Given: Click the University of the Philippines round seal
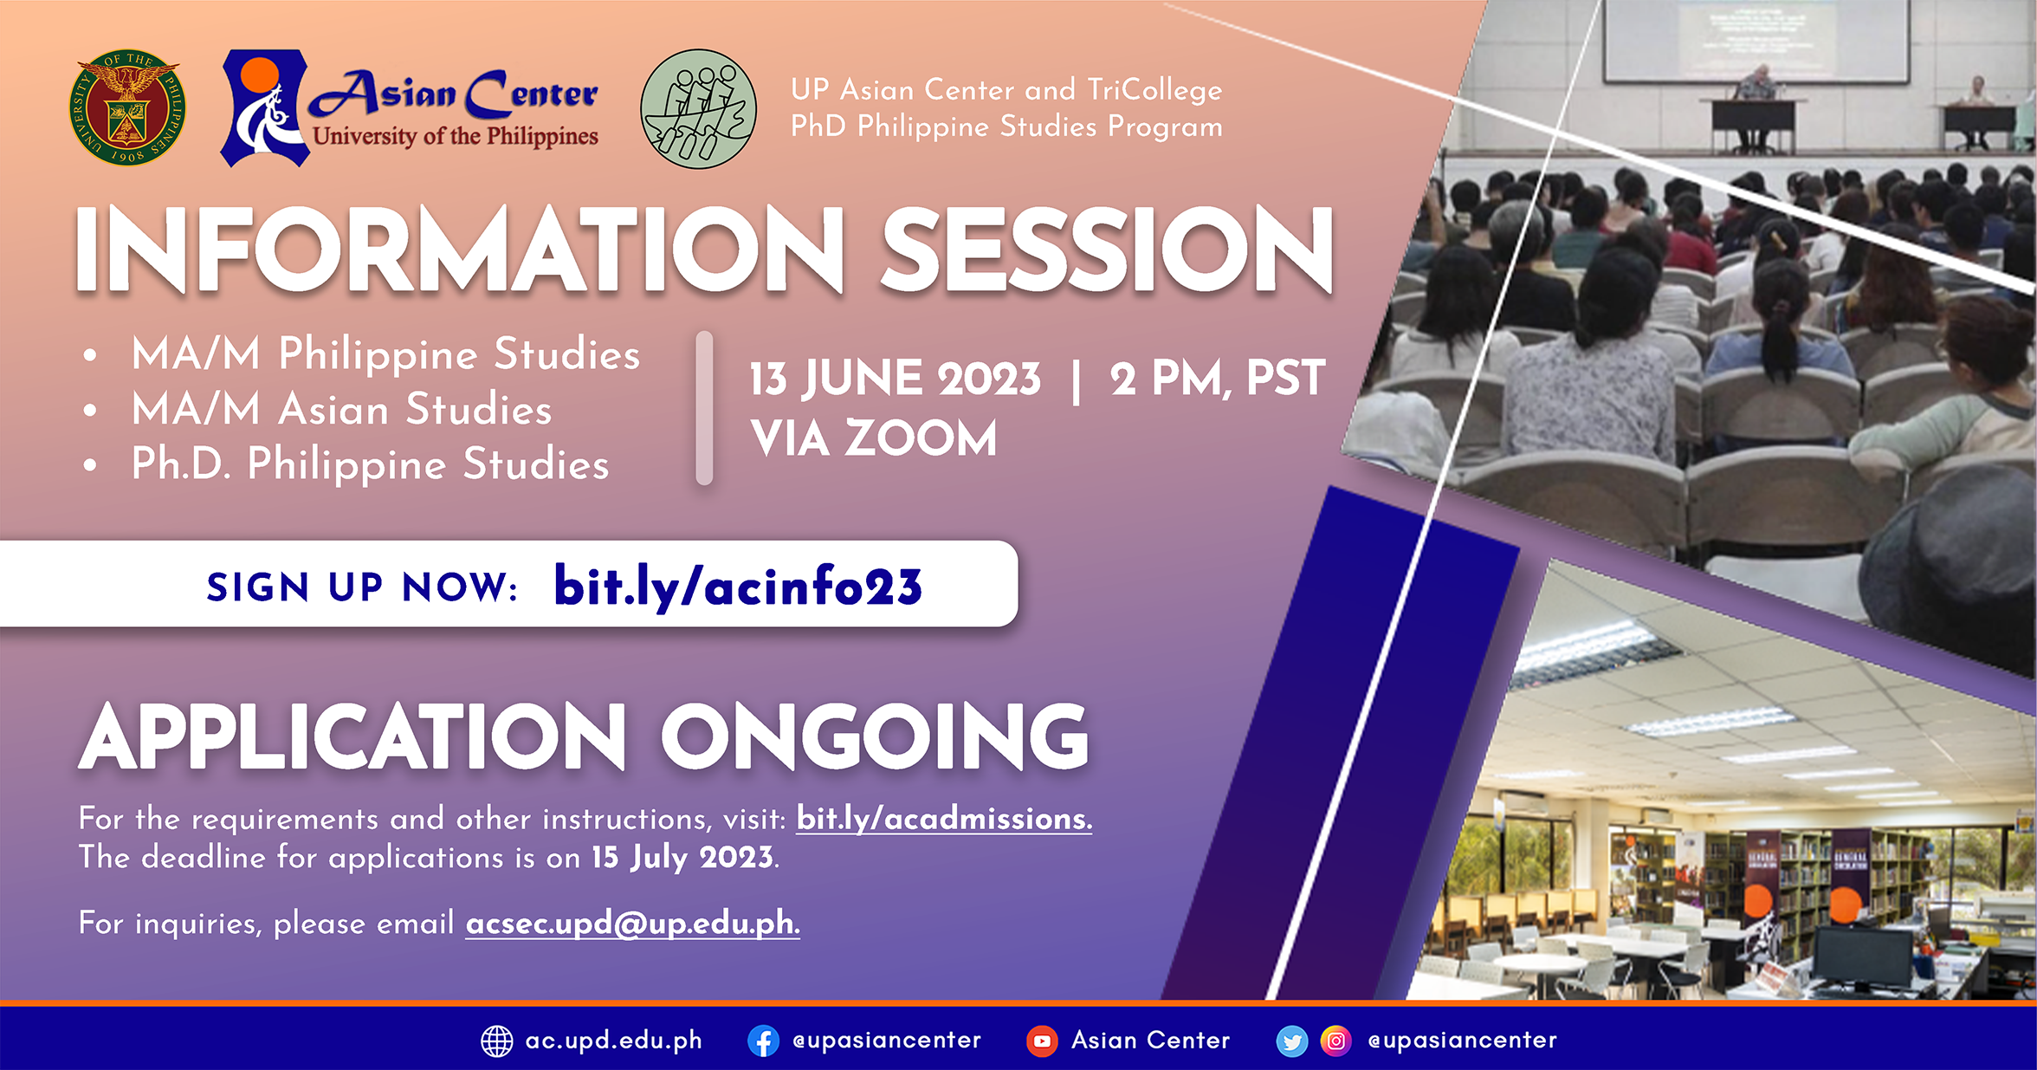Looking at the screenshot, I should [x=127, y=107].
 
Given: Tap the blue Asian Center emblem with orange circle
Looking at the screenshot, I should [x=263, y=108].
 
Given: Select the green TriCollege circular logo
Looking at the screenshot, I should [x=698, y=109].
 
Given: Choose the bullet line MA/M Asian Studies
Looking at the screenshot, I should [x=341, y=409].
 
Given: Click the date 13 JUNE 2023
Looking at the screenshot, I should [x=895, y=379].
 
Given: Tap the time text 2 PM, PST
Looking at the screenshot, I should [x=1217, y=379].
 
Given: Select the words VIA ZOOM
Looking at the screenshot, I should [x=874, y=438].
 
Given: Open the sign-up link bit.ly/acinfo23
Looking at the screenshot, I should [x=738, y=587].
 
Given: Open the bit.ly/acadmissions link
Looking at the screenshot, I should [x=944, y=819].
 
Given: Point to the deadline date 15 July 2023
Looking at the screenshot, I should [x=683, y=858].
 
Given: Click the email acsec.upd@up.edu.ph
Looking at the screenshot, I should [x=632, y=924].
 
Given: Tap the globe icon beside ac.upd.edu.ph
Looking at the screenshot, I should [x=497, y=1041].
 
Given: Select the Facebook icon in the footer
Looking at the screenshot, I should [x=763, y=1041].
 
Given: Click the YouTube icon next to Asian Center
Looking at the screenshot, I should [x=1042, y=1041].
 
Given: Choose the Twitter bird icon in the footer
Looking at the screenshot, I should [x=1291, y=1041].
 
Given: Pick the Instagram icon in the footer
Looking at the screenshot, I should [x=1336, y=1041].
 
